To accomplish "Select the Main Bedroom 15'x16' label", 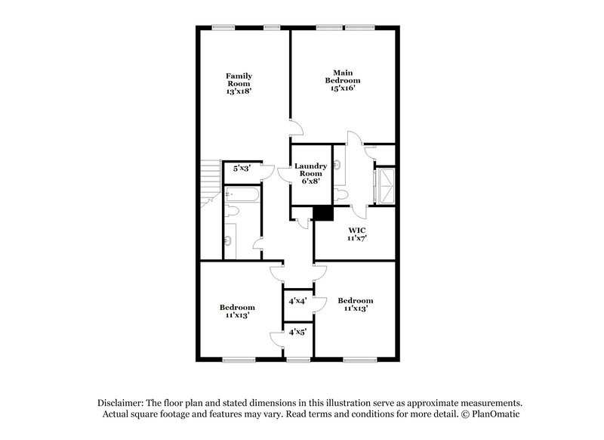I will tap(342, 80).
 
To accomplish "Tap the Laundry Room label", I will tap(310, 173).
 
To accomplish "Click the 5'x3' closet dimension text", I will tap(241, 169).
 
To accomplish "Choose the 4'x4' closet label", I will tap(297, 301).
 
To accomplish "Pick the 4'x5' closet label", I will tap(297, 332).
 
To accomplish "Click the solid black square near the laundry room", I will tap(323, 214).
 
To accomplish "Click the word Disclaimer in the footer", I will tap(122, 404).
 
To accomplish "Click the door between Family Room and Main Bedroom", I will tap(297, 128).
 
